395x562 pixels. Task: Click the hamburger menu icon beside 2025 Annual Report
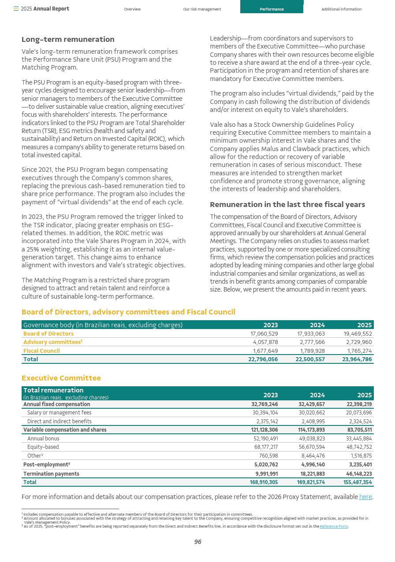16,9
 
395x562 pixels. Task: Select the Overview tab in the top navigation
132,9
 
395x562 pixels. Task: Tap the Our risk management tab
202,9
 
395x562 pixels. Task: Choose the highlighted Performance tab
272,9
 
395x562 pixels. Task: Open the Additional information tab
341,9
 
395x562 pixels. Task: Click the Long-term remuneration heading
68,40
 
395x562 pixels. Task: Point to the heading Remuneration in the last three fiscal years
287,205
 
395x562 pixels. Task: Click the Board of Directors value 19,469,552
358,334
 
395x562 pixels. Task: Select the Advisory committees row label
52,342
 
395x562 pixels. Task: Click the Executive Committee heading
61,378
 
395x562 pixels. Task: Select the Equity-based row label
43,447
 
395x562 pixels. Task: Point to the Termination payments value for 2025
359,474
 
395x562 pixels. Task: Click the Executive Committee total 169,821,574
311,482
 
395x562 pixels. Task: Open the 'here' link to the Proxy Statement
365,497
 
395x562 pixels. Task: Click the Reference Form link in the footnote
334,526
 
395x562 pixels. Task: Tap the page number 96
197,542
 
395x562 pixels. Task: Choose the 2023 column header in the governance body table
270,325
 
